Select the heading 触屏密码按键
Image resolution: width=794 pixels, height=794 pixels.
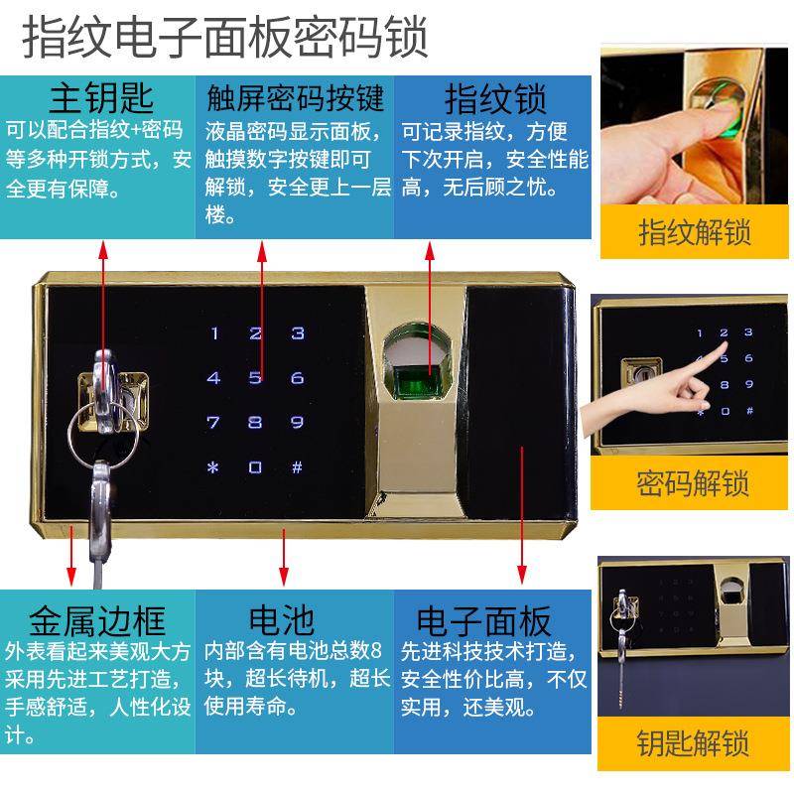coord(295,99)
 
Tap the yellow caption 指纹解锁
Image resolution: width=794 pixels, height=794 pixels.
coord(694,233)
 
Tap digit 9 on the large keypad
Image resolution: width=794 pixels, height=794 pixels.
coord(297,423)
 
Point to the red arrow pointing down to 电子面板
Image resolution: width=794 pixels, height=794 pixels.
coord(521,516)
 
